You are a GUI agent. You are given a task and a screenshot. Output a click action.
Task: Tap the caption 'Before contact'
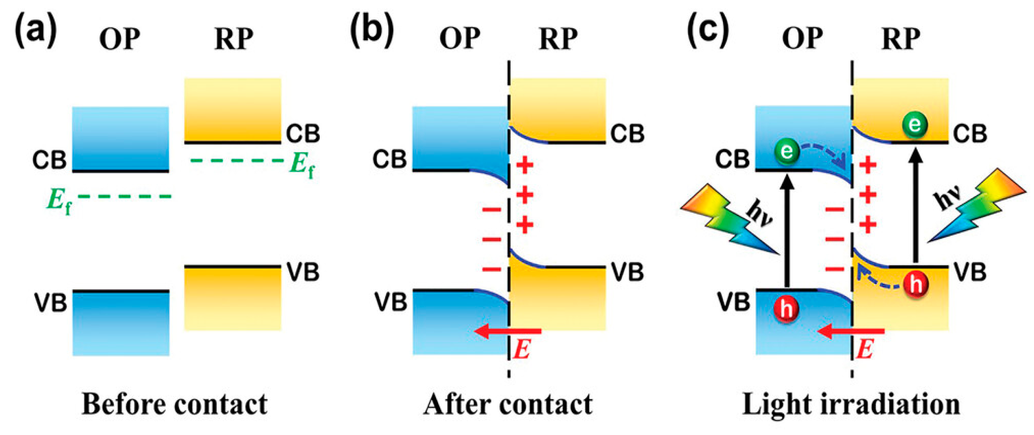[x=174, y=404]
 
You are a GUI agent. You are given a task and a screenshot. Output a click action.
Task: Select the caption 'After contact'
[x=508, y=404]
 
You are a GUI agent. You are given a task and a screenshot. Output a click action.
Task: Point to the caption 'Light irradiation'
[x=851, y=404]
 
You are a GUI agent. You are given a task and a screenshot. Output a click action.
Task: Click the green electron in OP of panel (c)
[x=787, y=151]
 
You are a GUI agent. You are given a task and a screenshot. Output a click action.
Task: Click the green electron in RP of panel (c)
[x=914, y=124]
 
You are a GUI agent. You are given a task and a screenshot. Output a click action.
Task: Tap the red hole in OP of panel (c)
[x=786, y=309]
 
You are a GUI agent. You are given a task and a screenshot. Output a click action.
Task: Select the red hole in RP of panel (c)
[x=916, y=284]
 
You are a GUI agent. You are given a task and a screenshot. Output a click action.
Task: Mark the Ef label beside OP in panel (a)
[x=59, y=201]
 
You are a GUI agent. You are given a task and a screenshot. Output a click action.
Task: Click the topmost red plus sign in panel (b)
[x=525, y=165]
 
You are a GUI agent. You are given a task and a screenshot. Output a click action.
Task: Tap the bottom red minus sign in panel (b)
[x=492, y=270]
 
